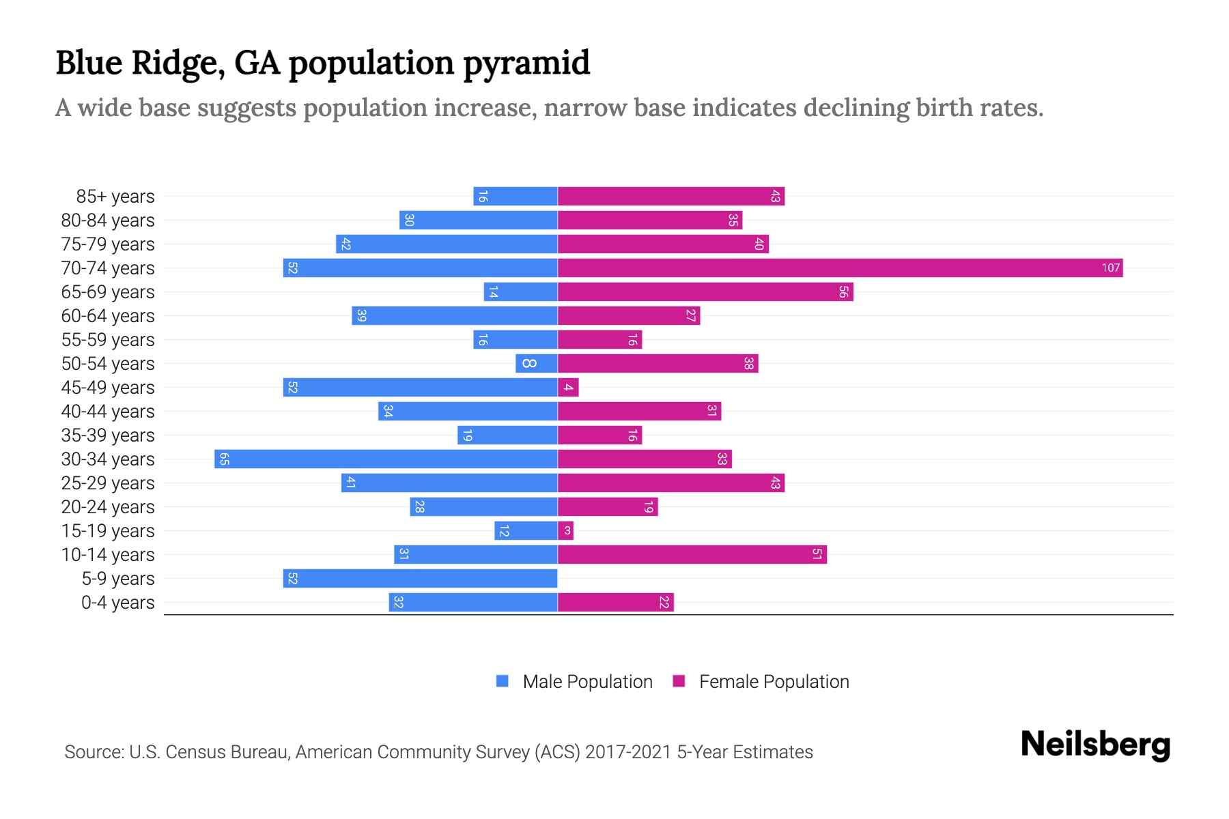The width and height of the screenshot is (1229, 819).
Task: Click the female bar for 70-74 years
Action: tap(840, 268)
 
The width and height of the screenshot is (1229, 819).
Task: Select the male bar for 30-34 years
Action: tap(386, 459)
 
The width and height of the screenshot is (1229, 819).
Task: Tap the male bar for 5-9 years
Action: tap(420, 578)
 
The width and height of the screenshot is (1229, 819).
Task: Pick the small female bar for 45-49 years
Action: tap(568, 387)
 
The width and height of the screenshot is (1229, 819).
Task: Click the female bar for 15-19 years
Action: tap(565, 530)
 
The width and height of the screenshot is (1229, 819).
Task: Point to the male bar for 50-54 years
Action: tap(537, 363)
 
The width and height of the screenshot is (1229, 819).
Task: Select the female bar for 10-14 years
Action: tap(692, 554)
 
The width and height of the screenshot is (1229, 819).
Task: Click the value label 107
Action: tap(1110, 268)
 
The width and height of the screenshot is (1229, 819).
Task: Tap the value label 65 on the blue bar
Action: tap(224, 459)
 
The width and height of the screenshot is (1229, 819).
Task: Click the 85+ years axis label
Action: tap(115, 197)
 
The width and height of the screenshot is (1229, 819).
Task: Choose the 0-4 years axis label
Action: tap(117, 603)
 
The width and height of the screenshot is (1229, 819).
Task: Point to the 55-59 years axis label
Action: tap(108, 340)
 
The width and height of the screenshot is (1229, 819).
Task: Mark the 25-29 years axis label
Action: tap(108, 483)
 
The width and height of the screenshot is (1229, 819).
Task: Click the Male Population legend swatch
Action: tap(503, 681)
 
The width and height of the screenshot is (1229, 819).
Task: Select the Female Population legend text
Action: tap(774, 682)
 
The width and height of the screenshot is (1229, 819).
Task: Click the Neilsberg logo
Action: tap(1095, 745)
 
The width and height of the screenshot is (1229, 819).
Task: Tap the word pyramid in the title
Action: tap(526, 63)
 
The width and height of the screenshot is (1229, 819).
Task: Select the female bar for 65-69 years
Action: tap(705, 291)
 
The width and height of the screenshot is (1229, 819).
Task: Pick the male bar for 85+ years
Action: tap(515, 196)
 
